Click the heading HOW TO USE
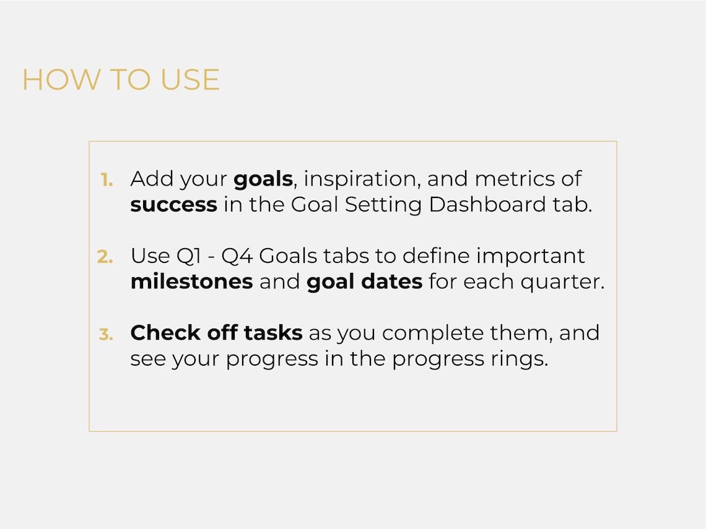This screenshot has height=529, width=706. [121, 80]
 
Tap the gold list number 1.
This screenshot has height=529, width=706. [107, 179]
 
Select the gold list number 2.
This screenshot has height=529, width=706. [105, 257]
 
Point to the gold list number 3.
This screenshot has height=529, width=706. [106, 334]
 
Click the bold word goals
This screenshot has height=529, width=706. [263, 179]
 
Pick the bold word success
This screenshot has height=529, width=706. [173, 205]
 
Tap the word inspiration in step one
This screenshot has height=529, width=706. [359, 179]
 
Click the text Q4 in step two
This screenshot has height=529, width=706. [235, 256]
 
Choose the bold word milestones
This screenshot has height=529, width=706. [191, 282]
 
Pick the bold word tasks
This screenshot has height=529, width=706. [273, 333]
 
